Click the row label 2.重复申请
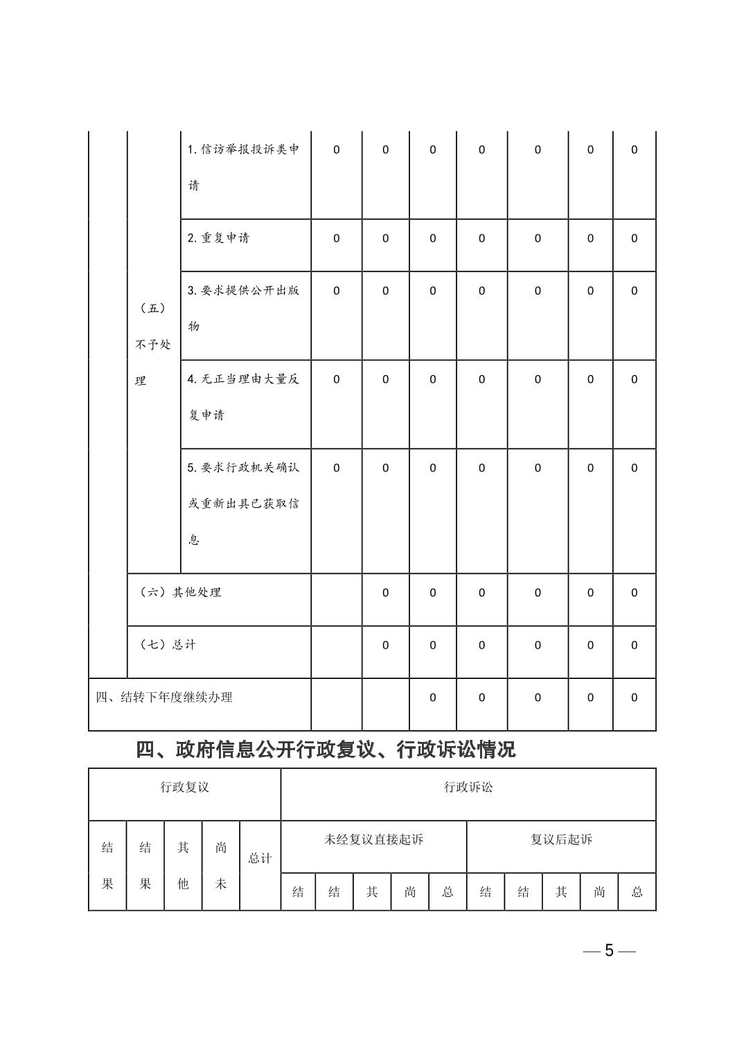[x=218, y=238]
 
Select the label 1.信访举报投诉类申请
[x=243, y=167]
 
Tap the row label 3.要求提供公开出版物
[x=243, y=307]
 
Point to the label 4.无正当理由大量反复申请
[x=243, y=397]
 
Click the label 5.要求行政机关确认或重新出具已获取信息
[x=243, y=503]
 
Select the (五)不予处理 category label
[x=153, y=345]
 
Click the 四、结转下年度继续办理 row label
[x=164, y=698]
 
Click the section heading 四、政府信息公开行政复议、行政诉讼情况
[x=326, y=750]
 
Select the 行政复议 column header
[x=184, y=788]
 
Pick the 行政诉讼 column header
[x=468, y=788]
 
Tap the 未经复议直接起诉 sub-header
[x=373, y=840]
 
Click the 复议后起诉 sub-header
[x=561, y=840]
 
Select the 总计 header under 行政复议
[x=260, y=859]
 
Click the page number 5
[x=609, y=950]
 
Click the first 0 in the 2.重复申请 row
[x=337, y=238]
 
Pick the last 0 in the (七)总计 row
[x=634, y=645]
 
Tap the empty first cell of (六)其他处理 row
[x=337, y=599]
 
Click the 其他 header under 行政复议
[x=183, y=865]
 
